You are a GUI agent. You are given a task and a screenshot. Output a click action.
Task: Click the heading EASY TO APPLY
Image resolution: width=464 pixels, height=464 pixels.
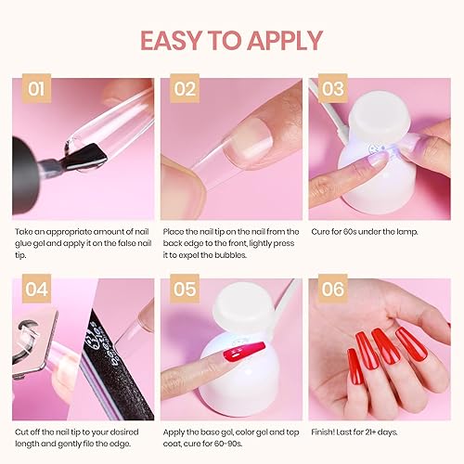click(x=232, y=40)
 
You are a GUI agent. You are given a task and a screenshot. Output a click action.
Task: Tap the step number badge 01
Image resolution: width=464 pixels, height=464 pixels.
click(x=37, y=90)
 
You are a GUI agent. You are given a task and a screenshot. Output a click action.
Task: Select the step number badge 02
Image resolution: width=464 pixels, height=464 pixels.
click(x=186, y=90)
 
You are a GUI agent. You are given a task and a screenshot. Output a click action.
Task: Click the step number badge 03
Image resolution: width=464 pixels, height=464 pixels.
click(x=333, y=89)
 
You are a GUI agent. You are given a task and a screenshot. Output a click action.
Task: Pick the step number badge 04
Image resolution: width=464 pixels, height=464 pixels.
click(x=37, y=290)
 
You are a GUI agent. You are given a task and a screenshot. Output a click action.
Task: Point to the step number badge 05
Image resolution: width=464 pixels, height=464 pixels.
click(x=186, y=290)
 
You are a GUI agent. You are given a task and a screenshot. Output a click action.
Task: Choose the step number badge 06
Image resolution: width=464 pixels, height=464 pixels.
click(x=333, y=290)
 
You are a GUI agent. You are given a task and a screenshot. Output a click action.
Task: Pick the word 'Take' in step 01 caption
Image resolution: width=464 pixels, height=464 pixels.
click(x=24, y=230)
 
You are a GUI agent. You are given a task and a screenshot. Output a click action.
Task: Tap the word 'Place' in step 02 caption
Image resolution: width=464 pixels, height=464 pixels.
click(x=174, y=230)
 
